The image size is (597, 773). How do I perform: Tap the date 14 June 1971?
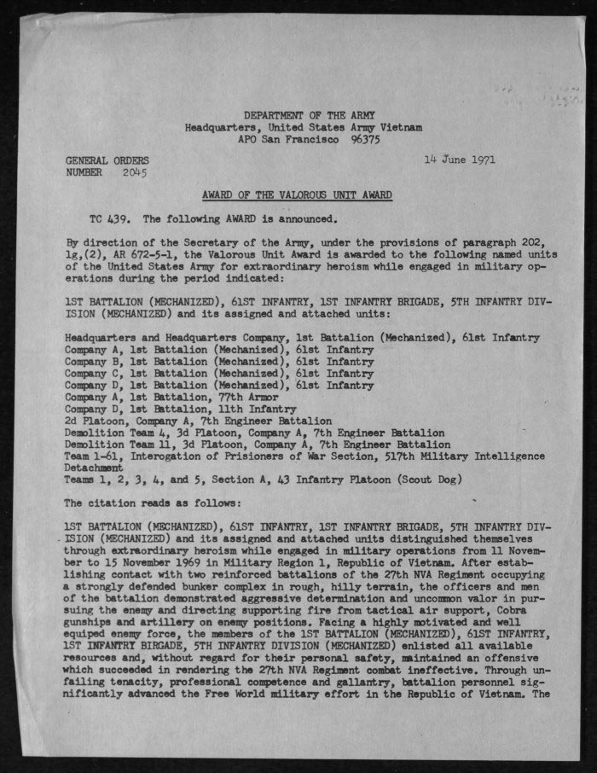click(460, 160)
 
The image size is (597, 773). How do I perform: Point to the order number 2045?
click(135, 172)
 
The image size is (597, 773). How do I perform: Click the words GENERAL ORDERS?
click(107, 160)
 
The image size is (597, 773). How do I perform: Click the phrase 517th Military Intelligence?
click(484, 457)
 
